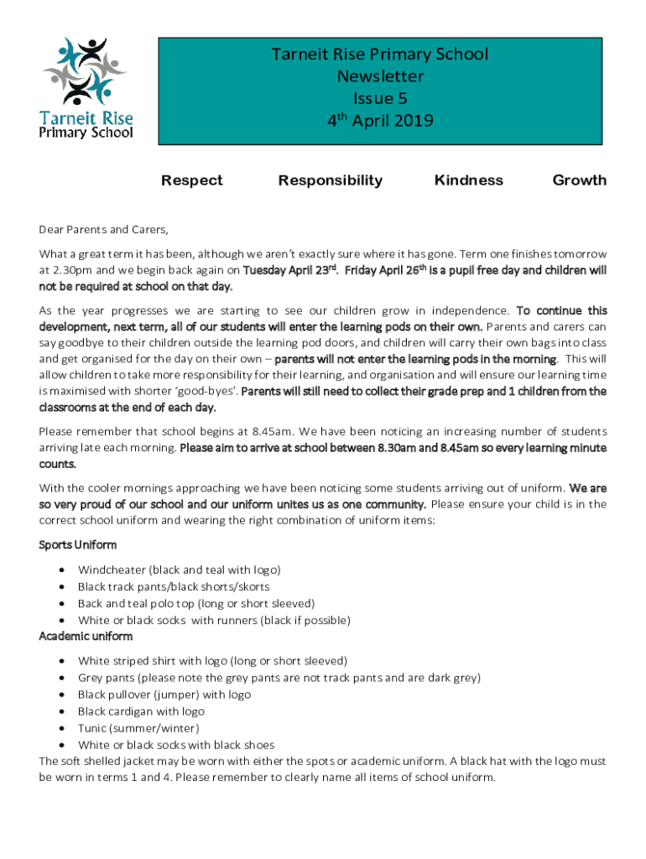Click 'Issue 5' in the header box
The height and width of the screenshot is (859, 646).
click(x=380, y=99)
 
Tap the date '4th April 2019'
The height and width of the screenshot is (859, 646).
click(x=380, y=121)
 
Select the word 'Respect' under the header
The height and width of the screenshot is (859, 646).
click(x=192, y=180)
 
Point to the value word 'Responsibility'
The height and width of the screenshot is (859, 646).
click(x=331, y=180)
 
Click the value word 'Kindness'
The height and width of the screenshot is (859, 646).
click(x=469, y=180)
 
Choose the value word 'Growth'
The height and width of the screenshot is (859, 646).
click(x=579, y=180)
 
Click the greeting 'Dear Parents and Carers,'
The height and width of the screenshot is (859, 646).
click(x=103, y=229)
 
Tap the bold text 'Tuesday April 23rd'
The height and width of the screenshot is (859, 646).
click(x=289, y=270)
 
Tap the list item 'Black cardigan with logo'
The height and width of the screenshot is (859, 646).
click(x=141, y=711)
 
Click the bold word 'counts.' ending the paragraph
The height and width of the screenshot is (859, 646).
click(x=58, y=464)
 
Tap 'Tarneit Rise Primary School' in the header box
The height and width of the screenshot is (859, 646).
click(x=380, y=55)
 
